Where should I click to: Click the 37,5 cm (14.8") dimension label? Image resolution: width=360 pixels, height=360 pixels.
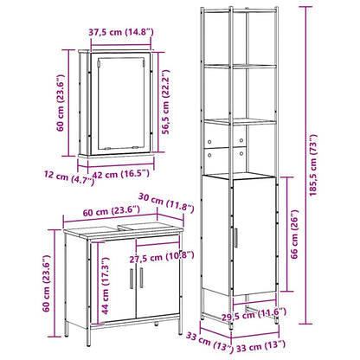(x=121, y=32)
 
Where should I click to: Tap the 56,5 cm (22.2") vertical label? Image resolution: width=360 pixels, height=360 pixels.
(x=165, y=102)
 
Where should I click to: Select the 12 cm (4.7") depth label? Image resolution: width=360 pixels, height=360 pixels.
(x=69, y=177)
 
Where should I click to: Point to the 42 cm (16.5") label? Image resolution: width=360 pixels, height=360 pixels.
(x=121, y=174)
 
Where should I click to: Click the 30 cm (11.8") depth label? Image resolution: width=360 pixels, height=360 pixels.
(x=166, y=202)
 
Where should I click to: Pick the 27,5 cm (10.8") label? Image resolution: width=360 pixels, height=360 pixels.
(x=162, y=256)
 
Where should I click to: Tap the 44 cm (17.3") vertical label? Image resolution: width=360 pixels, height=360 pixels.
(x=105, y=286)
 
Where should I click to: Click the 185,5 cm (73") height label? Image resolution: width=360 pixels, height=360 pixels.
(x=313, y=165)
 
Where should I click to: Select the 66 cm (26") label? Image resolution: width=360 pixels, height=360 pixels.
(x=294, y=235)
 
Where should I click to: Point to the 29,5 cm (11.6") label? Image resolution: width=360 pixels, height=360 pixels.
(x=254, y=314)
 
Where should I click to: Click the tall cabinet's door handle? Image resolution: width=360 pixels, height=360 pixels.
(x=235, y=238)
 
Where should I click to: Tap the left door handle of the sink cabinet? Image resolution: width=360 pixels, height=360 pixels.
(x=132, y=279)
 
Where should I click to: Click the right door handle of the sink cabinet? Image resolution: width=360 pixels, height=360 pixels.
(x=141, y=278)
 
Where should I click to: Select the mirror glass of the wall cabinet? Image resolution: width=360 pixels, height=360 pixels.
(x=120, y=103)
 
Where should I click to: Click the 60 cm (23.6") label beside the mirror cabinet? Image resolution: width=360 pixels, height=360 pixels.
(x=61, y=103)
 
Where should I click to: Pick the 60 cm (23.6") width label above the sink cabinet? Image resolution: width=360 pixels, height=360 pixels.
(x=112, y=211)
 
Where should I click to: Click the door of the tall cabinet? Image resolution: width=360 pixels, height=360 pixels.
(x=254, y=236)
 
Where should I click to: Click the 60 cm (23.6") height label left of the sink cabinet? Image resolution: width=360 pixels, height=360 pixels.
(x=47, y=283)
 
